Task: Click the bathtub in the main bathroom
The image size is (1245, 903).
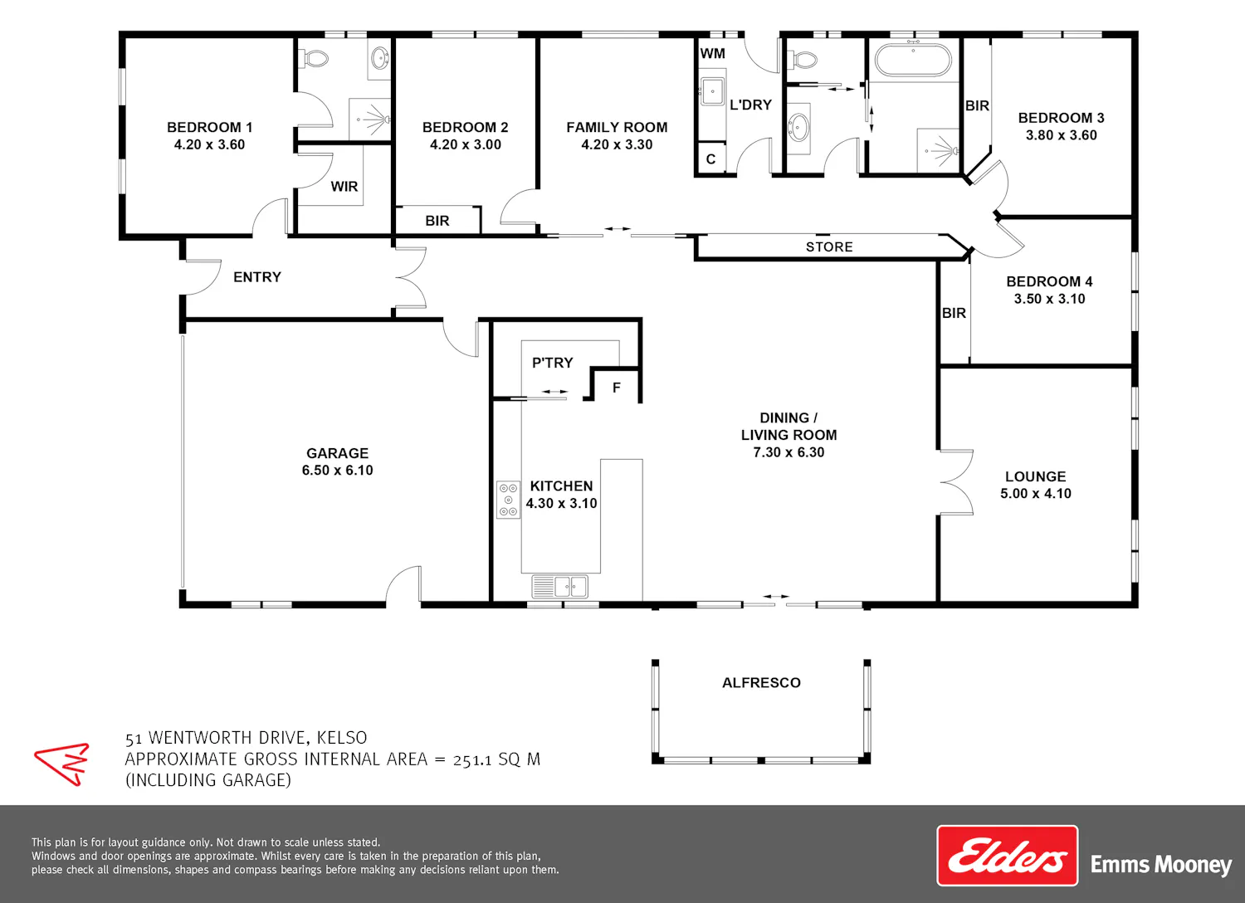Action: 913,60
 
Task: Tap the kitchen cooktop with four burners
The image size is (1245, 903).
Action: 508,500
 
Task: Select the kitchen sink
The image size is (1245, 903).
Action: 559,586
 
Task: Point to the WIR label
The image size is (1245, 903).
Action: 344,187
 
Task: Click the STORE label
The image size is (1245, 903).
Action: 829,247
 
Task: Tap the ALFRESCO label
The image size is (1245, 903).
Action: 761,683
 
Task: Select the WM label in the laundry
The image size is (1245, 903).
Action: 712,54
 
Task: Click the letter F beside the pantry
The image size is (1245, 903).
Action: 617,388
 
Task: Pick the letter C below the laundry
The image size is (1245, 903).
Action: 710,159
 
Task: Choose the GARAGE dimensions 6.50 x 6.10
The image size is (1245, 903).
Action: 337,471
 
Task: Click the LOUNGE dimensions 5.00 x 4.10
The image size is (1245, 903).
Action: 1036,494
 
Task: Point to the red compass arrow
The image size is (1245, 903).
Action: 62,764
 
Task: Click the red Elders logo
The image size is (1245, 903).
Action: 1007,856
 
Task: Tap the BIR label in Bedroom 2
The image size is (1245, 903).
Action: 437,221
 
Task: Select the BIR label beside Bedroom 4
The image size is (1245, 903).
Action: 954,314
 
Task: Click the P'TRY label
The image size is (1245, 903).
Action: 553,363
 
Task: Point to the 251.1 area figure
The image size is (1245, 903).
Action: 472,760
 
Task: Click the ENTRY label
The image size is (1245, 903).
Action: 257,277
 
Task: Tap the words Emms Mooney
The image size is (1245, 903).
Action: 1162,865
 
